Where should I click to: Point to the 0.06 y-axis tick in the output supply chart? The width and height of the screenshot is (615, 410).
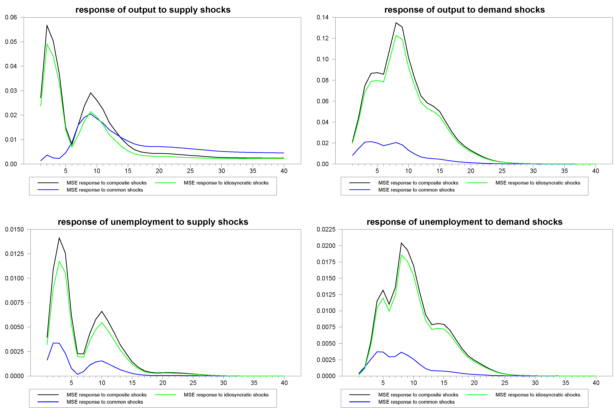(x=11, y=18)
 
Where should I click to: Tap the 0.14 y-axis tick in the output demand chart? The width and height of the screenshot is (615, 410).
(x=322, y=18)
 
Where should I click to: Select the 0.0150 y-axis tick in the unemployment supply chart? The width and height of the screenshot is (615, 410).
(x=14, y=229)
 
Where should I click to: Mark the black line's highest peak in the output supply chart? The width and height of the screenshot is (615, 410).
(x=47, y=26)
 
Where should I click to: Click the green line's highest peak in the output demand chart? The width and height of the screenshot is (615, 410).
(x=396, y=35)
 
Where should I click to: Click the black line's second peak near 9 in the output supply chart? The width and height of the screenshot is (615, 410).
(x=90, y=93)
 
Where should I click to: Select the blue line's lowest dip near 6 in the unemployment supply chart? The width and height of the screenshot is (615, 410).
(x=77, y=374)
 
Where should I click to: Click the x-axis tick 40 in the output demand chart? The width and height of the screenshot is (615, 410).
(x=595, y=171)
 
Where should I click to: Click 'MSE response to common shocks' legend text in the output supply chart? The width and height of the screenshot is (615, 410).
(x=104, y=190)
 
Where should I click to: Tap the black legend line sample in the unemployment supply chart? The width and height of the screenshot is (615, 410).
(x=48, y=395)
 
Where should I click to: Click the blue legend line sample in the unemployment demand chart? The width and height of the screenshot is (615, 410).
(x=359, y=402)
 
